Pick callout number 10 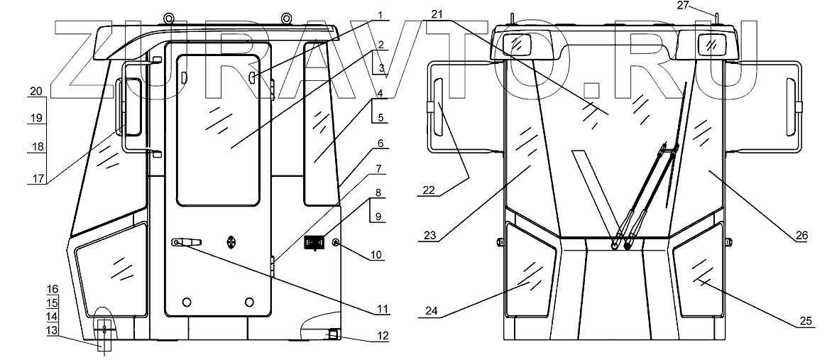coord(378,254)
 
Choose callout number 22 coord(429,190)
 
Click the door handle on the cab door coord(187,241)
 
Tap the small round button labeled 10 coord(336,242)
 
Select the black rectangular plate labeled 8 coord(314,242)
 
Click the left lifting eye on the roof coord(169,18)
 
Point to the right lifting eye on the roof coord(286,18)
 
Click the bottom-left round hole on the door coord(186,302)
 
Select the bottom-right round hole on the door coord(249,302)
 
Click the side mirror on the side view coord(129,106)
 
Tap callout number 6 coord(380,143)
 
